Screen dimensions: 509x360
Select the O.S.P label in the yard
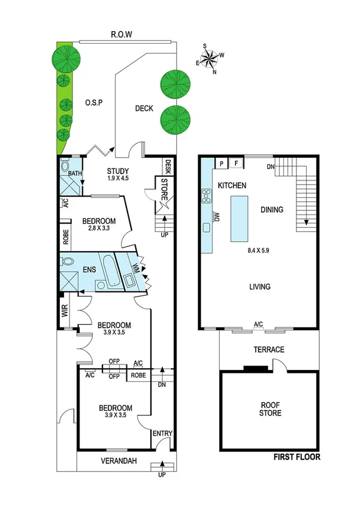[x=95, y=102]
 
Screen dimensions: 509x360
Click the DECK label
[x=144, y=109]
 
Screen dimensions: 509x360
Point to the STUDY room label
[x=119, y=170]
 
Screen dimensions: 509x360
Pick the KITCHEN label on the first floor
[x=232, y=186]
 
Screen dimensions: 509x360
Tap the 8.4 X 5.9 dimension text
[x=258, y=252]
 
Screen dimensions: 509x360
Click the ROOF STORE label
[x=269, y=409]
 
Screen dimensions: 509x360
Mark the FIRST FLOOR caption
[x=297, y=457]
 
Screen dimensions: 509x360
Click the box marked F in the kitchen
[x=236, y=163]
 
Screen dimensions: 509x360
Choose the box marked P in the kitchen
[x=222, y=163]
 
